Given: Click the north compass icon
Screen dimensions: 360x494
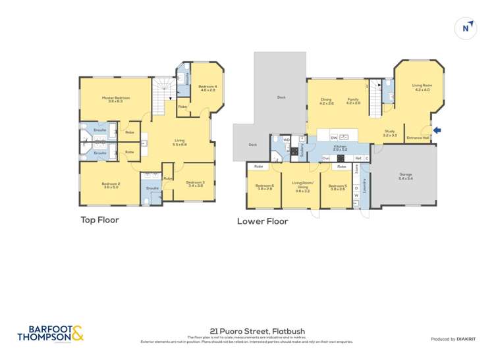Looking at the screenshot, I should pos(466,28).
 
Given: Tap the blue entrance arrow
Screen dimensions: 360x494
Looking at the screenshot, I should pos(437,130).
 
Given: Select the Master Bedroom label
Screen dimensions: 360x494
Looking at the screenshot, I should pos(115,99).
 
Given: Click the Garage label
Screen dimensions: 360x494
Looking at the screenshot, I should pos(406,176).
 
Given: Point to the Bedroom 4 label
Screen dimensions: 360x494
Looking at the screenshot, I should pos(207,88).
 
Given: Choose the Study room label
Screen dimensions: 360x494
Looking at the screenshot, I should pos(391,133).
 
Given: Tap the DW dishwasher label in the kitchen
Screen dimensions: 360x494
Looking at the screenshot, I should pos(334,137).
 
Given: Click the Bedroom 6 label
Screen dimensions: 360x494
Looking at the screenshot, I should pos(264,187).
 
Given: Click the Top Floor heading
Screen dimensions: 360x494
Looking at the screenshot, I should pos(99,220).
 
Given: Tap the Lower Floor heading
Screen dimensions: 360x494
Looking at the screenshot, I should pos(262,222).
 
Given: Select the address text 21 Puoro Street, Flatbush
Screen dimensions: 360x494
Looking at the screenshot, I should pos(248,331).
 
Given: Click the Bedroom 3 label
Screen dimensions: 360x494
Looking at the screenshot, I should pos(195,184).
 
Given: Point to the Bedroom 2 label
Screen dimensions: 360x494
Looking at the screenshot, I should pos(110,185).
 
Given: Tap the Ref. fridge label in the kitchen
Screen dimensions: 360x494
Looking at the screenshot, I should pos(358,159).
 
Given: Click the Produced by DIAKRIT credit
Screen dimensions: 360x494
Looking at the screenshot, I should pos(454,339).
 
